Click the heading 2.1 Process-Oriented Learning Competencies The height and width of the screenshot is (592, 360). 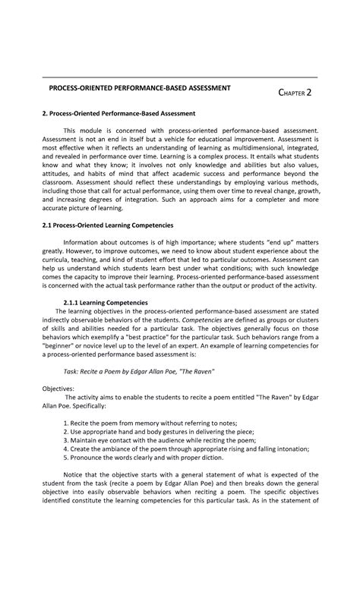click(x=108, y=225)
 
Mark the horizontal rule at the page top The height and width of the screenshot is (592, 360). click(x=179, y=77)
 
